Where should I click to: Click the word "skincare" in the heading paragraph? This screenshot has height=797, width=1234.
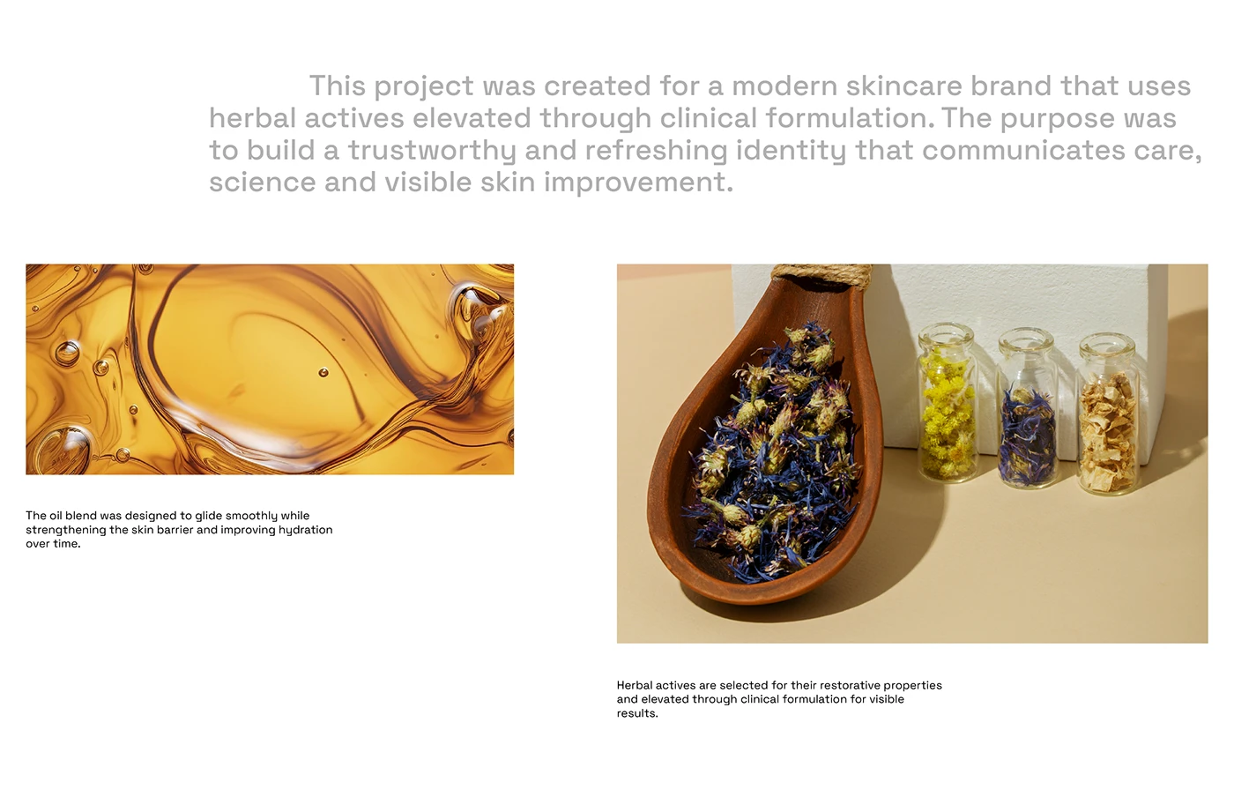[903, 86]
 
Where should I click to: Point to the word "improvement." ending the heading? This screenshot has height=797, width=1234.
[638, 182]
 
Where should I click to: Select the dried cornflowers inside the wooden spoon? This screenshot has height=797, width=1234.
[776, 450]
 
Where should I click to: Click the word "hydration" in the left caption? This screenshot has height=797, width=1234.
[305, 530]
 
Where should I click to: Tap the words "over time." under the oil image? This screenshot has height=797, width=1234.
[53, 544]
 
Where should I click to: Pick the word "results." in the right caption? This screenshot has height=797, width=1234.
[637, 713]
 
